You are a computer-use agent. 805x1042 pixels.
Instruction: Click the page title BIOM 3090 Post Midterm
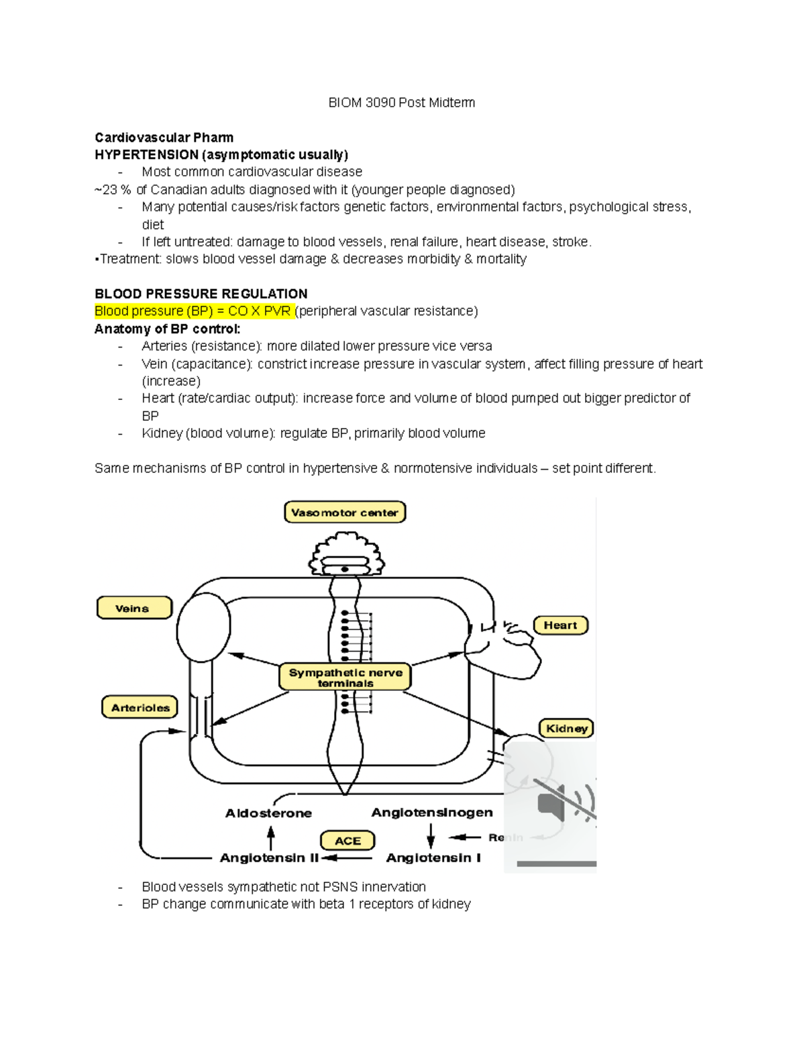pos(401,103)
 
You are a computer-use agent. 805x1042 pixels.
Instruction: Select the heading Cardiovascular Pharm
pos(164,138)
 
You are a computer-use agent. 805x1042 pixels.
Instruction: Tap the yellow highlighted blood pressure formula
pos(193,311)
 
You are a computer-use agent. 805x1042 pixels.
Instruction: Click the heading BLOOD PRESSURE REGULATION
pos(201,294)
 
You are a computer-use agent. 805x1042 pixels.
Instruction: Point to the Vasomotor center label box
pos(345,513)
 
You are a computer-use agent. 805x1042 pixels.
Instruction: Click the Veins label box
pos(134,609)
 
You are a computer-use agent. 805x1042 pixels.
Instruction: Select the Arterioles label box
pos(140,707)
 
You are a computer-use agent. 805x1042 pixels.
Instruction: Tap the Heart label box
pos(560,625)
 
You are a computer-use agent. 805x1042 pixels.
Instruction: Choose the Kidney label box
pos(566,729)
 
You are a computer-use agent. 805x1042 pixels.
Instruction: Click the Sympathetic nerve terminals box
pos(345,677)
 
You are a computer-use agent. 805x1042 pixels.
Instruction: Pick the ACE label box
pos(347,841)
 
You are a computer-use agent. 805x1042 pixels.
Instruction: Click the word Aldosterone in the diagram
pos(268,813)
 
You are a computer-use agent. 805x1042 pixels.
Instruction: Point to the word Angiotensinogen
pos(432,813)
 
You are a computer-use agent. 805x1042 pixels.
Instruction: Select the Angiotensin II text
pos(269,857)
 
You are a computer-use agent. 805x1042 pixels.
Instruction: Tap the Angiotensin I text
pos(433,857)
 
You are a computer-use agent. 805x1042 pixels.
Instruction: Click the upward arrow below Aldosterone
pos(271,838)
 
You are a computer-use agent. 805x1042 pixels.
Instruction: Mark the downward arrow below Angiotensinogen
pos(431,836)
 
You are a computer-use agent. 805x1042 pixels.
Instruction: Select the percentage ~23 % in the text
pos(113,190)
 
